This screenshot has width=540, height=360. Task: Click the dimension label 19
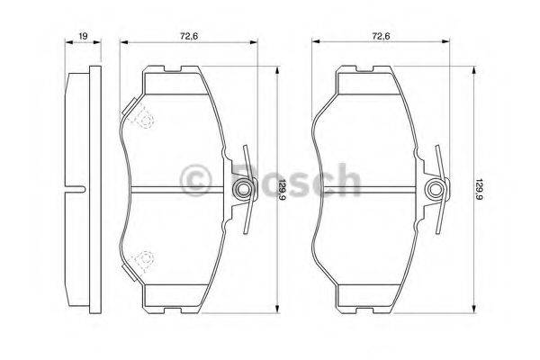click(x=82, y=37)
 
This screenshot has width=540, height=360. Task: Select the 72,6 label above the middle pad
click(x=188, y=37)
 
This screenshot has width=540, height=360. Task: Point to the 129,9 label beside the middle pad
click(x=284, y=189)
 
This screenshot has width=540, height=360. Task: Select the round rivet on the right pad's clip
click(x=436, y=189)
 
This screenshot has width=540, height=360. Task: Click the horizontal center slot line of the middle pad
click(x=180, y=188)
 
